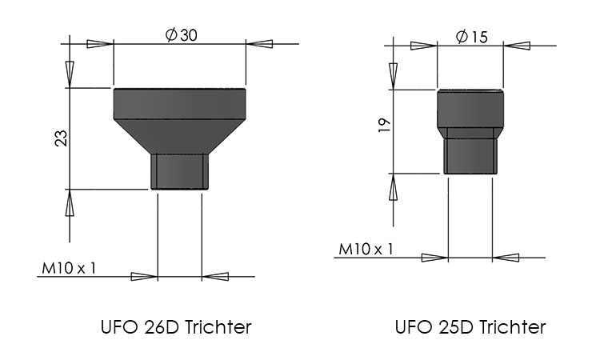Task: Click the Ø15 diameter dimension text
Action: click(471, 37)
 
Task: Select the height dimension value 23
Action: click(61, 138)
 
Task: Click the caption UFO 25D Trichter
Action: click(470, 327)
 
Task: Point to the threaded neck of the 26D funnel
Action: click(180, 171)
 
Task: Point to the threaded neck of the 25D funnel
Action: click(470, 155)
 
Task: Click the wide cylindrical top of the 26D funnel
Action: click(180, 103)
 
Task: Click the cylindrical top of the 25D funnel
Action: click(470, 107)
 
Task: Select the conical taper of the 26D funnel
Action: click(180, 136)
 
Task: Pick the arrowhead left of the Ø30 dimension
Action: click(99, 42)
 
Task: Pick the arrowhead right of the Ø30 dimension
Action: click(260, 42)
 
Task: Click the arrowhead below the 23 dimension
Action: click(70, 203)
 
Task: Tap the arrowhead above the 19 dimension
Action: click(392, 75)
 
